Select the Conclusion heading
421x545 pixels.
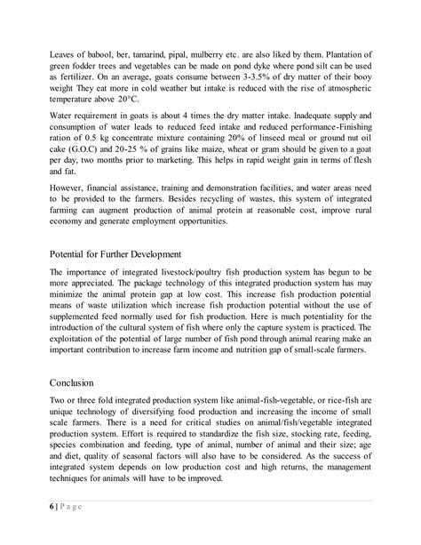77,383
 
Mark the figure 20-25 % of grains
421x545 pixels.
147,172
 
